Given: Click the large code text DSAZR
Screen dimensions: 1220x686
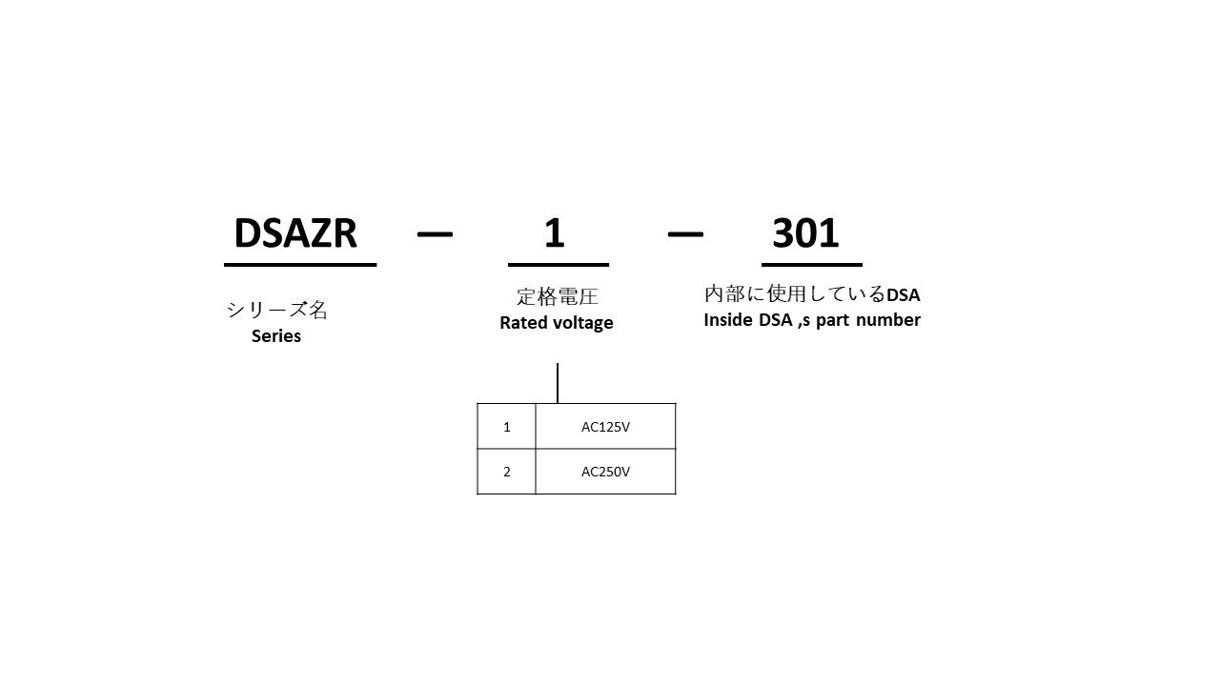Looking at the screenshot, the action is [x=295, y=233].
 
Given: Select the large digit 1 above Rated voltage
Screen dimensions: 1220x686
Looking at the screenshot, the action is [x=555, y=233].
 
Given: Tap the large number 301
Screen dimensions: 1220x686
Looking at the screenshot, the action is [x=805, y=233].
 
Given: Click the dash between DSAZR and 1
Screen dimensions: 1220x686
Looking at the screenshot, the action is [x=435, y=234].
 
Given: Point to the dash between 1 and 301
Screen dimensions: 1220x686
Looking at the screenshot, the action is [x=685, y=234].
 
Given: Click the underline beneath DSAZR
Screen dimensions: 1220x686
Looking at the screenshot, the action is [x=300, y=265].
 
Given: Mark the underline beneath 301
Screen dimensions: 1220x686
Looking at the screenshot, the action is [x=811, y=265].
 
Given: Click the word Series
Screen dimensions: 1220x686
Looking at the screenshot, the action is [x=276, y=336].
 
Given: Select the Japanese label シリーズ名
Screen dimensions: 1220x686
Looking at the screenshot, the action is [x=276, y=310].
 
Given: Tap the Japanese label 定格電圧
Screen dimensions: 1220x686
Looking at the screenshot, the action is [x=558, y=296].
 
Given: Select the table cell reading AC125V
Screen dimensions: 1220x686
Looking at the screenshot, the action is [x=605, y=426].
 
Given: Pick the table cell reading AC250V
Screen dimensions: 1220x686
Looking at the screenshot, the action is [x=605, y=472].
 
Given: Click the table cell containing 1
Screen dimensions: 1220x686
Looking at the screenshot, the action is [x=506, y=426].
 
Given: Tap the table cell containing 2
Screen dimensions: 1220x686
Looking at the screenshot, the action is [x=506, y=472].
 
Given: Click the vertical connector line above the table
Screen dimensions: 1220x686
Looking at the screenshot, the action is [x=558, y=383].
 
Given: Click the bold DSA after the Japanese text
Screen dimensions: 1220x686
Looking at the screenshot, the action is [x=904, y=295].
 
